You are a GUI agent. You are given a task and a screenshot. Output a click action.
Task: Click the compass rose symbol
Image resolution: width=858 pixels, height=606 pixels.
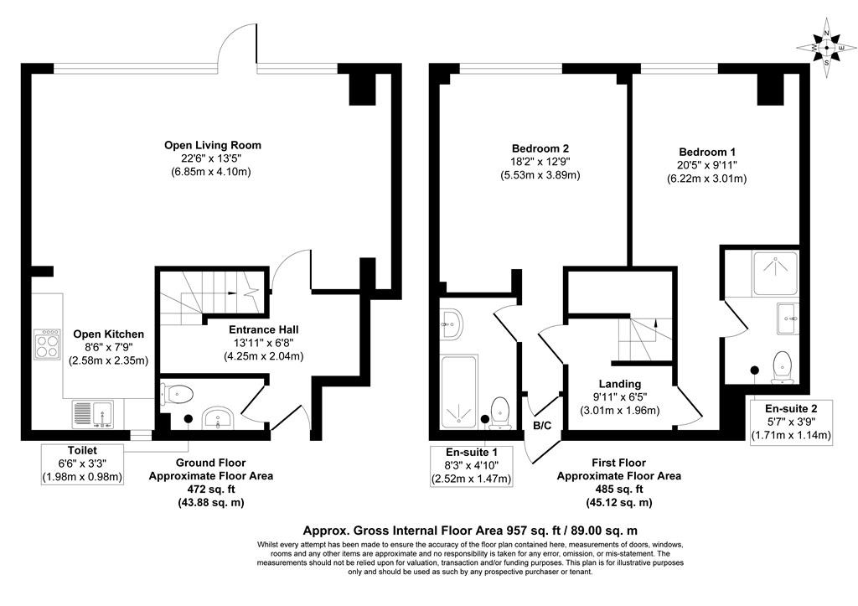click(x=827, y=48)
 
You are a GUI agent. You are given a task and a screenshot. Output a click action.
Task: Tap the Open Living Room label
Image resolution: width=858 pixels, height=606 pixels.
click(x=212, y=145)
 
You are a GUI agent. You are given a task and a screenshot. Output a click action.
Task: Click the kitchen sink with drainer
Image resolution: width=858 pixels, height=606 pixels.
click(x=93, y=413)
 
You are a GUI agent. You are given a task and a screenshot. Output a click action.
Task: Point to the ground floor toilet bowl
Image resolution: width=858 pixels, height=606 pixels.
click(x=178, y=392)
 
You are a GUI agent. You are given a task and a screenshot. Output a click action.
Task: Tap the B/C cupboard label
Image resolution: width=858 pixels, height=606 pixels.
click(x=542, y=426)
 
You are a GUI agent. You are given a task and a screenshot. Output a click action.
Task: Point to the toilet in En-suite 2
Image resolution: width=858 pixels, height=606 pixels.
click(x=783, y=364)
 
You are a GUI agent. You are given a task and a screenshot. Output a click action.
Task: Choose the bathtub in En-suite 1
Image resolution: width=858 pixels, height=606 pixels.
click(x=457, y=386)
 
